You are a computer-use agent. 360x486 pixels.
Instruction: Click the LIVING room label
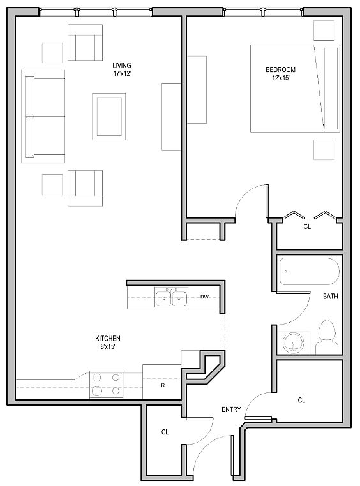coord(122,66)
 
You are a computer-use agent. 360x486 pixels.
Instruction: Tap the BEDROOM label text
coord(281,70)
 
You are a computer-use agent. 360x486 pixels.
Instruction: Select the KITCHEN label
coord(108,339)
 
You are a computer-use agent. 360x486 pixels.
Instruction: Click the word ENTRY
coord(231,409)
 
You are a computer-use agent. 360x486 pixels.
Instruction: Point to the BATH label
coord(331,297)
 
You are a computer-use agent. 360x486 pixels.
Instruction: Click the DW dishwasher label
coord(204,297)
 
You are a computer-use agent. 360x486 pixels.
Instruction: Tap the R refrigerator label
coord(163,385)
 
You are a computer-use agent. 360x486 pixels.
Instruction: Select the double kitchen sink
coord(172,297)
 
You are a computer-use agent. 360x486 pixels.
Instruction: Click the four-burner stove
coord(107,385)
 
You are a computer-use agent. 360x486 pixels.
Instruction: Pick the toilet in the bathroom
coord(327,337)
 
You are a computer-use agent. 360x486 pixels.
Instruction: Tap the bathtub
coord(309,271)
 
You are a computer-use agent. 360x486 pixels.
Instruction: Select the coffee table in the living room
coord(109,117)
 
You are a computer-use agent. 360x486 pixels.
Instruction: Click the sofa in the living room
coord(43,116)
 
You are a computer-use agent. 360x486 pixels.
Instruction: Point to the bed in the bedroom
coord(295,89)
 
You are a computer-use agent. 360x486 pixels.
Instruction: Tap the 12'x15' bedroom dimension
coord(281,78)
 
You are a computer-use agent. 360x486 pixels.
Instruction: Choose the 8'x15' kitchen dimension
coord(108,346)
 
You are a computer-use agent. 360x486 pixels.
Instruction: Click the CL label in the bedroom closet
coord(307,226)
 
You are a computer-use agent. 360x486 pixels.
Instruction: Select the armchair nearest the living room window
coord(86,43)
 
